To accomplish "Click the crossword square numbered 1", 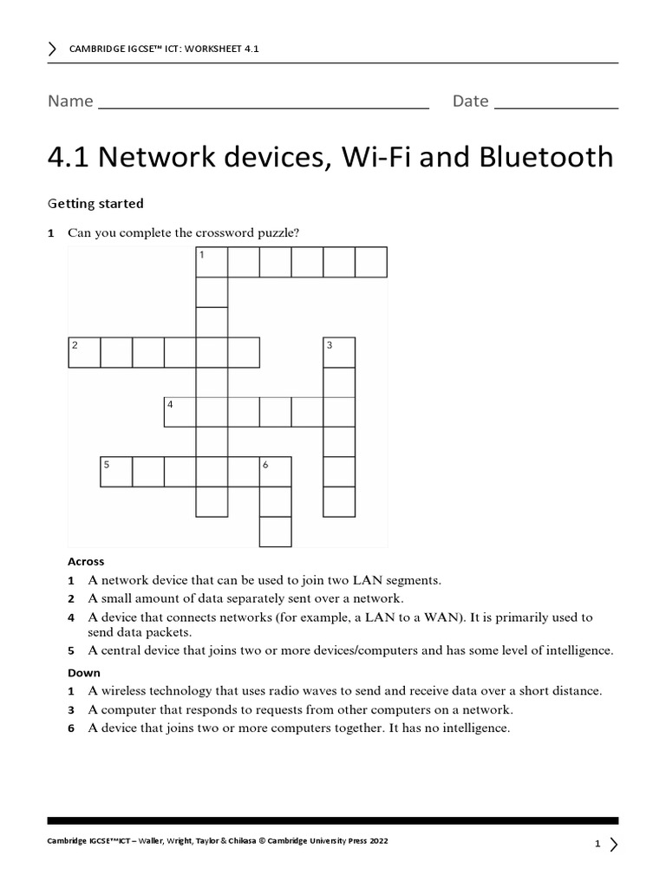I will (x=212, y=262).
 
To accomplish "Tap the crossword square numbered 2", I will (x=84, y=353).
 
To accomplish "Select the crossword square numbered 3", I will (x=339, y=353).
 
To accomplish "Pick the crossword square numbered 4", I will (x=180, y=412).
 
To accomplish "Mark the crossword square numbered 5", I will (x=116, y=472).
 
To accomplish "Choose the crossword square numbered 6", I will (x=276, y=472).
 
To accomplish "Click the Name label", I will (x=70, y=101).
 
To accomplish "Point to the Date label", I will (x=470, y=101).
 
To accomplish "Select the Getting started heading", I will (x=95, y=204).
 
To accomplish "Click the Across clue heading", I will (x=86, y=561).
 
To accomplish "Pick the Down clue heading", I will (x=84, y=672).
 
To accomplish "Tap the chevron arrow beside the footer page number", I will (x=614, y=844).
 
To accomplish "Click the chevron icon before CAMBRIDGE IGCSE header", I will (x=53, y=49).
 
